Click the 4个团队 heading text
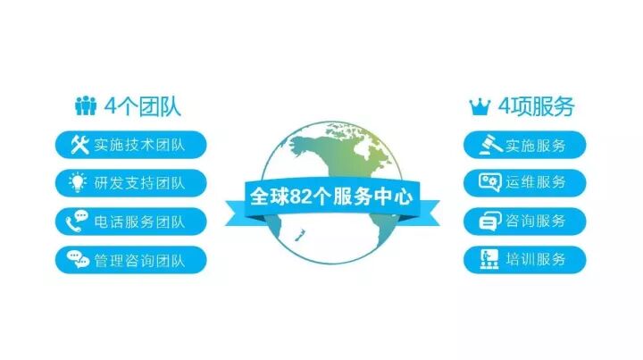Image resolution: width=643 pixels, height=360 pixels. (144, 107)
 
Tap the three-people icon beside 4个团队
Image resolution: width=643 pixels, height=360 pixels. (86, 107)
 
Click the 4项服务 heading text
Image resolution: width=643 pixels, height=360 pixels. (536, 107)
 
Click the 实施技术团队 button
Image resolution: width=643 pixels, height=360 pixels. (130, 144)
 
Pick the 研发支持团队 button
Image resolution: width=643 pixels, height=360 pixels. (130, 183)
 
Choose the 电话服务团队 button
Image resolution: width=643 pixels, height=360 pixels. (130, 222)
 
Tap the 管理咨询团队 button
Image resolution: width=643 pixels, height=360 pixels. (130, 260)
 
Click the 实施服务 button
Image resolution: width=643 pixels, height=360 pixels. (525, 144)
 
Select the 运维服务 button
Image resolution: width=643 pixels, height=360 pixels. (525, 182)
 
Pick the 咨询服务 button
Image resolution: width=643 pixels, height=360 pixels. (525, 221)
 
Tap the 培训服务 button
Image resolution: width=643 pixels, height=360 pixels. (525, 260)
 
